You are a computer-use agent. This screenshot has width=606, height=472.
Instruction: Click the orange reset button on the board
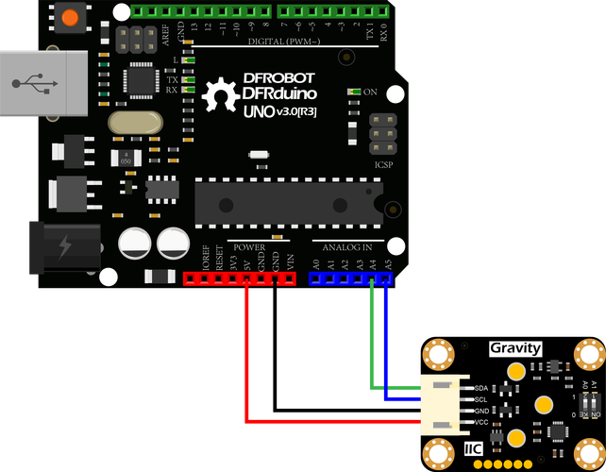(68, 16)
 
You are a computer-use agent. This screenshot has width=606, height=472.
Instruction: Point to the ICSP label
(383, 163)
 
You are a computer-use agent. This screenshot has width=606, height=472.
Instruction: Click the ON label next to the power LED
(371, 92)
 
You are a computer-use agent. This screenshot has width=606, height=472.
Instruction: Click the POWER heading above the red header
(249, 247)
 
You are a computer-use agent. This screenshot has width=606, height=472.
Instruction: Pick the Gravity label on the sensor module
(515, 348)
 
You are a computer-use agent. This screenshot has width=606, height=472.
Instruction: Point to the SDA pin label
(481, 389)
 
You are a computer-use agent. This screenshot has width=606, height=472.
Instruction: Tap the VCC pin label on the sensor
(481, 422)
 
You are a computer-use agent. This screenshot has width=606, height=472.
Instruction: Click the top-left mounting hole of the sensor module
(439, 354)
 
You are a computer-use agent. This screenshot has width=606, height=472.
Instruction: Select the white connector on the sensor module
(444, 405)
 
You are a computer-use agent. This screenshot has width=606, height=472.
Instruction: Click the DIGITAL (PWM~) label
(284, 42)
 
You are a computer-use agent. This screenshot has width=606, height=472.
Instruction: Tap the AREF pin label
(166, 35)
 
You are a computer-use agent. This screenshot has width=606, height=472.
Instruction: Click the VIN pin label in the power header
(291, 260)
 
